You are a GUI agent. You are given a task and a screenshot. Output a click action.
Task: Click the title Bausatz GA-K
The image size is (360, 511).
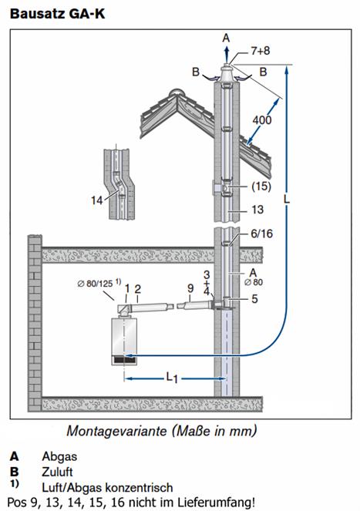point(57,15)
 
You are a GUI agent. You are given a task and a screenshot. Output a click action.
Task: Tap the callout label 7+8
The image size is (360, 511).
point(261,51)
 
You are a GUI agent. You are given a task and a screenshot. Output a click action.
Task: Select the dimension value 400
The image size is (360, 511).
point(262,120)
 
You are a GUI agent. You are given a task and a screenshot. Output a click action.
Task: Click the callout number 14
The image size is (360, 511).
point(97,200)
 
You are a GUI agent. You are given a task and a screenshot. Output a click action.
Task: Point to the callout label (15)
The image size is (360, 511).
point(261,187)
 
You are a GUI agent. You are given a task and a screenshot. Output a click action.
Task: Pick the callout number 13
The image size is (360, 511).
point(257,210)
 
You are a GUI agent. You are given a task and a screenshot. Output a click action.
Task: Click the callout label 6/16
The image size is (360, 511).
point(261,234)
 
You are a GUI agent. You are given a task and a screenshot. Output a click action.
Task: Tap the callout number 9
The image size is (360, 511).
point(190,288)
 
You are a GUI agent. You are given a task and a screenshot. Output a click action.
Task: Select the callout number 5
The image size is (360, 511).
point(254,299)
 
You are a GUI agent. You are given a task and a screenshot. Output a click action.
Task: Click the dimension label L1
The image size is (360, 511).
point(172,378)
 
